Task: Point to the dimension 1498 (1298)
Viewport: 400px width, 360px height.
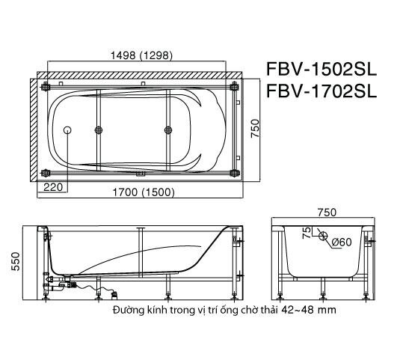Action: (x=141, y=54)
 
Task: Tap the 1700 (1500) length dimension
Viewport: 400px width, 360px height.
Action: (x=139, y=192)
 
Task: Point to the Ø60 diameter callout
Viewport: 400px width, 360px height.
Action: (x=341, y=241)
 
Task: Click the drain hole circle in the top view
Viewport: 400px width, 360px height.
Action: (x=68, y=130)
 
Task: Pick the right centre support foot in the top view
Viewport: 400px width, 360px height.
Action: (x=166, y=130)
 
